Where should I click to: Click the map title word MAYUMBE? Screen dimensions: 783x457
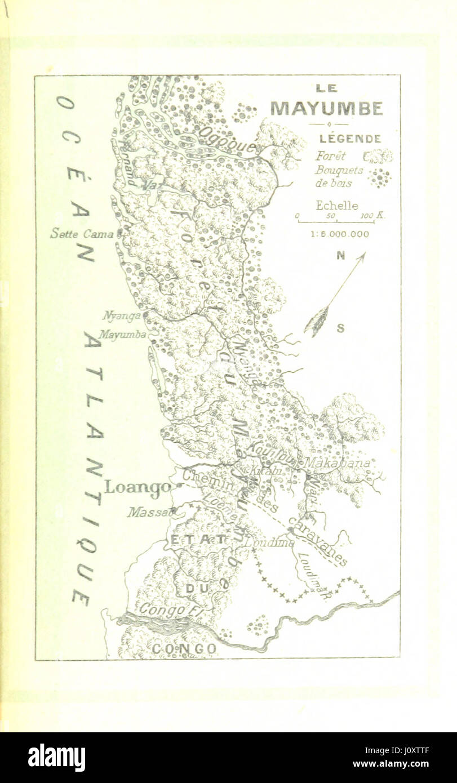click(326, 108)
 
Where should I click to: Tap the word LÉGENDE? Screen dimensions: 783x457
click(350, 139)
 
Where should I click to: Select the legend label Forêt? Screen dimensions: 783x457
click(331, 156)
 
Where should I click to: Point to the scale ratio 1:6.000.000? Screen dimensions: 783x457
click(340, 234)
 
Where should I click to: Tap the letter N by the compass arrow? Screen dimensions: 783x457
click(340, 255)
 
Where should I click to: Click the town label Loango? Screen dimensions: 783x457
click(137, 486)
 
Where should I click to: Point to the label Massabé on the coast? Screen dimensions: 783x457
click(150, 512)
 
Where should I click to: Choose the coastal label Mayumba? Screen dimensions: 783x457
click(122, 334)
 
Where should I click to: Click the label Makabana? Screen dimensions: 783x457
click(337, 463)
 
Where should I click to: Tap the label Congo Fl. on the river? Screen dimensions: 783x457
click(163, 609)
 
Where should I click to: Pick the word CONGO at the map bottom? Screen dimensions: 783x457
click(184, 649)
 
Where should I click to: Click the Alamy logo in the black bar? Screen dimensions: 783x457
click(56, 757)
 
